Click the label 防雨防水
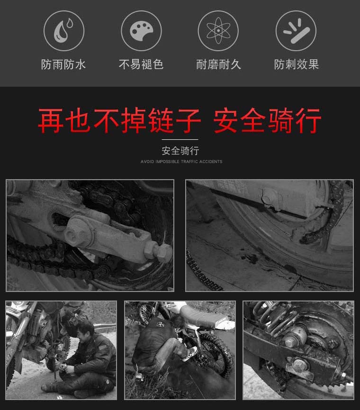point(63,64)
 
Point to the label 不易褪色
point(141,64)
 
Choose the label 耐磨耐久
point(218,64)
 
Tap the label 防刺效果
point(296,64)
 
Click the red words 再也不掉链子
point(119,121)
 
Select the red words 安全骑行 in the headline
point(267,121)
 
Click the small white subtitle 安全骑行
point(180,151)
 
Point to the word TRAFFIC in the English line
point(193,162)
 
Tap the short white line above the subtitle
point(180,140)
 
